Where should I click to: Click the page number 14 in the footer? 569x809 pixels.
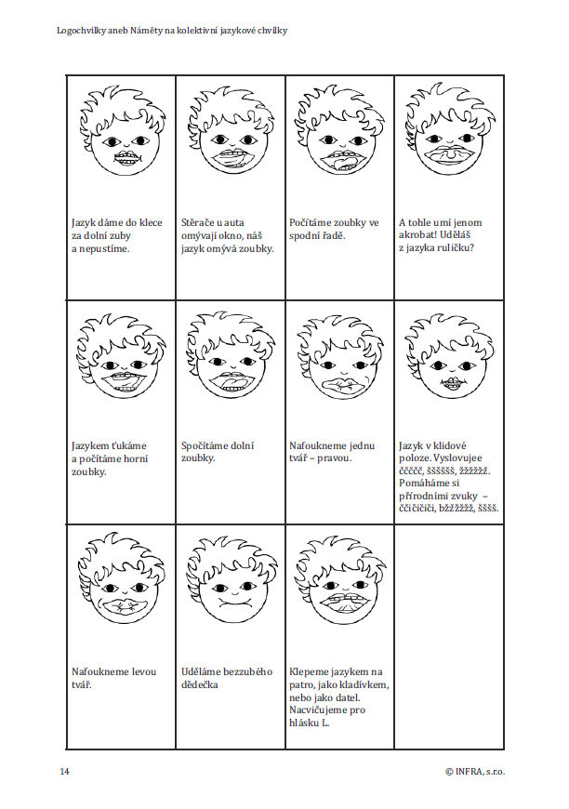coord(64,772)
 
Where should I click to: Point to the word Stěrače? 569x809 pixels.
coord(198,223)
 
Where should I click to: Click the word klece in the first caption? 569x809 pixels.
coord(151,223)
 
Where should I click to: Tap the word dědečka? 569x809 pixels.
coord(200,685)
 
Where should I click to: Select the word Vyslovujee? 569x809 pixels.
coord(470,458)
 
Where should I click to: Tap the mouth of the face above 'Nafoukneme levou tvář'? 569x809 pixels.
coord(122,606)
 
